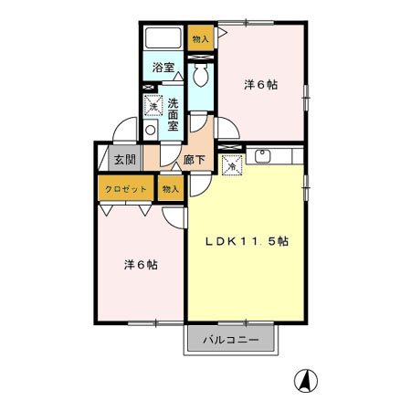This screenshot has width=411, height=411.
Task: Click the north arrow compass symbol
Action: pyautogui.click(x=306, y=380)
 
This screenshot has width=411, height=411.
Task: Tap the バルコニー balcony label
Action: pyautogui.click(x=231, y=340)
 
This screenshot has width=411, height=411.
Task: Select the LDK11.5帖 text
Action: pyautogui.click(x=247, y=241)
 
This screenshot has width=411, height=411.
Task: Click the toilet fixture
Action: pyautogui.click(x=201, y=75)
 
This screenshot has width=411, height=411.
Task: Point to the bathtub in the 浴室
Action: pyautogui.click(x=163, y=37)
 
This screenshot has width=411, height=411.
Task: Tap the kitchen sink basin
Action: pyautogui.click(x=262, y=156)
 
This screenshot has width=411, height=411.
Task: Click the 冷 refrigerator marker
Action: pyautogui.click(x=232, y=165)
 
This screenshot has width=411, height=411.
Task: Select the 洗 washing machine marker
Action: pyautogui.click(x=153, y=105)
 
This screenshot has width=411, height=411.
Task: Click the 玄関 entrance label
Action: pyautogui.click(x=125, y=160)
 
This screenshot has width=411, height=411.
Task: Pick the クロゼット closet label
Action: pyautogui.click(x=126, y=189)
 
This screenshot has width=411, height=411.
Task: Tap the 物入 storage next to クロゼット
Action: pyautogui.click(x=171, y=189)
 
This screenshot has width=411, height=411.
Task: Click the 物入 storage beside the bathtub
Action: pyautogui.click(x=200, y=38)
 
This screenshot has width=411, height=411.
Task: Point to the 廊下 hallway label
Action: pyautogui.click(x=194, y=160)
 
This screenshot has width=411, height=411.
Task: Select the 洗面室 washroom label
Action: pyautogui.click(x=173, y=115)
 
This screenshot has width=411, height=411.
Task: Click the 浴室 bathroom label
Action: pyautogui.click(x=163, y=68)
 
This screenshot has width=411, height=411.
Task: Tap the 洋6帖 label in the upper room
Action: pyautogui.click(x=261, y=85)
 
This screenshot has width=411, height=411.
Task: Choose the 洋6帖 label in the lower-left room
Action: pyautogui.click(x=141, y=265)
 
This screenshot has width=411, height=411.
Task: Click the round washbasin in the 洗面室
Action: pyautogui.click(x=151, y=130)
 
